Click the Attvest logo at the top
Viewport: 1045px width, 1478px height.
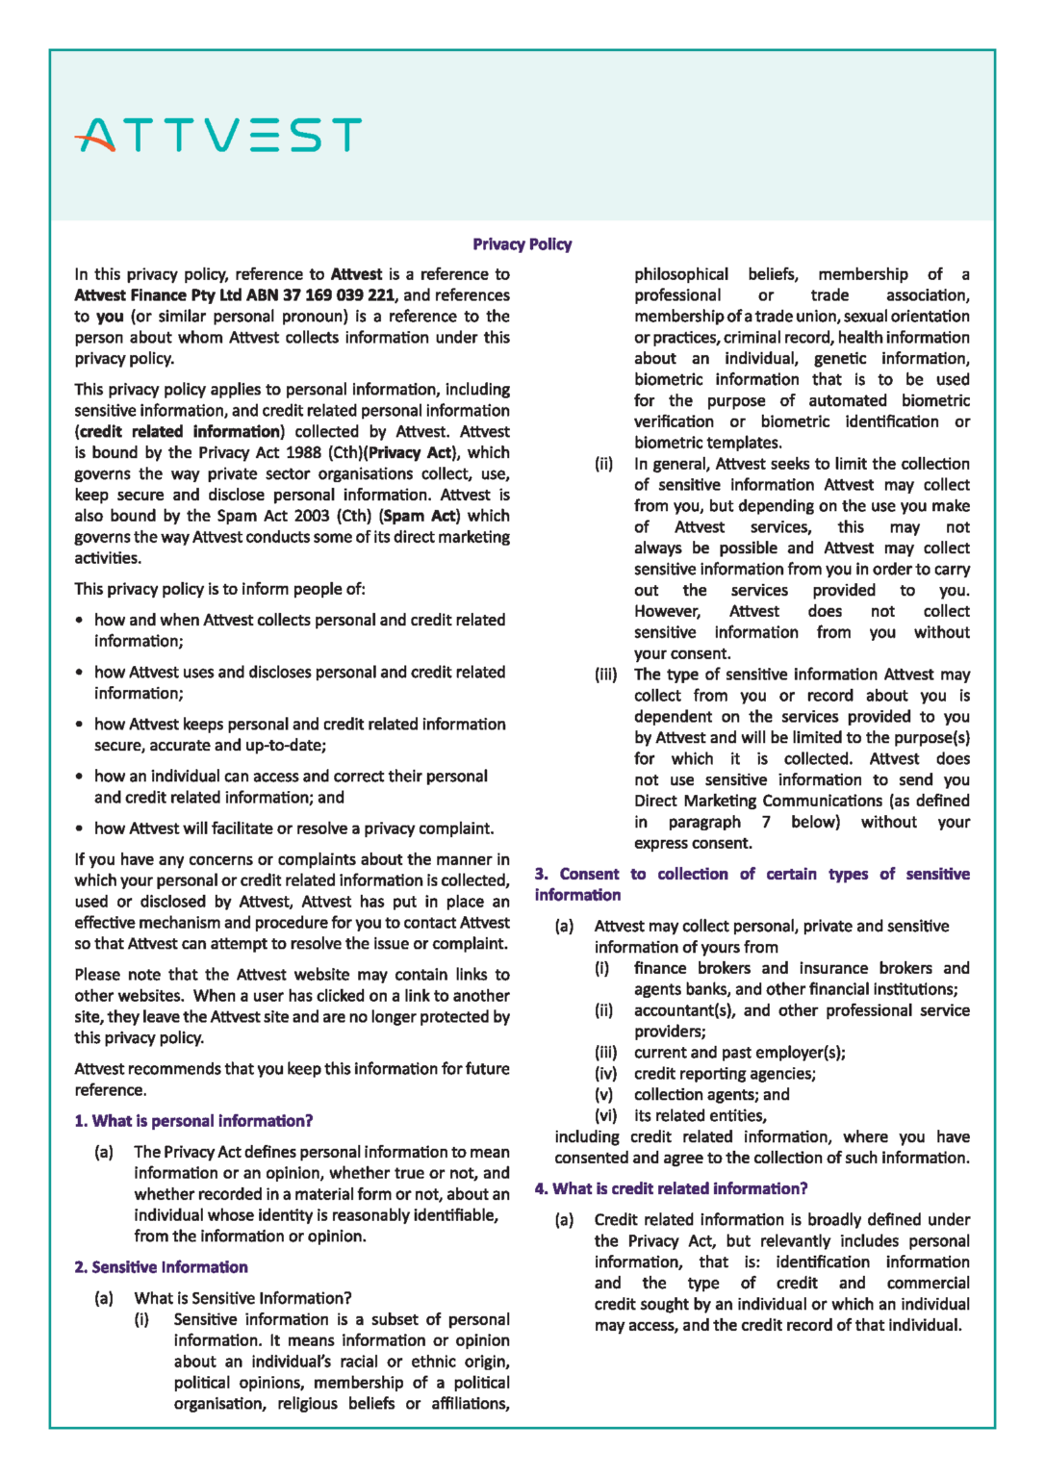click(218, 136)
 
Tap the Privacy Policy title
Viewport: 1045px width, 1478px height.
click(522, 244)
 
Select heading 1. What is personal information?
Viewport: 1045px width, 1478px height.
click(193, 1121)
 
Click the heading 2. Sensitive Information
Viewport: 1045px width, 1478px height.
click(161, 1267)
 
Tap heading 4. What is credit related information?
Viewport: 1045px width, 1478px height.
click(671, 1188)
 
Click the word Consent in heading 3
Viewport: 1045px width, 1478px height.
click(589, 874)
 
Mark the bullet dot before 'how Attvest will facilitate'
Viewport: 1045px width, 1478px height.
click(80, 828)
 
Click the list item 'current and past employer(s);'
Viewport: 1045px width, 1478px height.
click(739, 1053)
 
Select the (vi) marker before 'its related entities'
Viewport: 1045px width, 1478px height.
click(605, 1116)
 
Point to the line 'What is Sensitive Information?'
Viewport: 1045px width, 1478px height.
click(242, 1298)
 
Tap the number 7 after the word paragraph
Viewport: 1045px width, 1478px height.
click(766, 822)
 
